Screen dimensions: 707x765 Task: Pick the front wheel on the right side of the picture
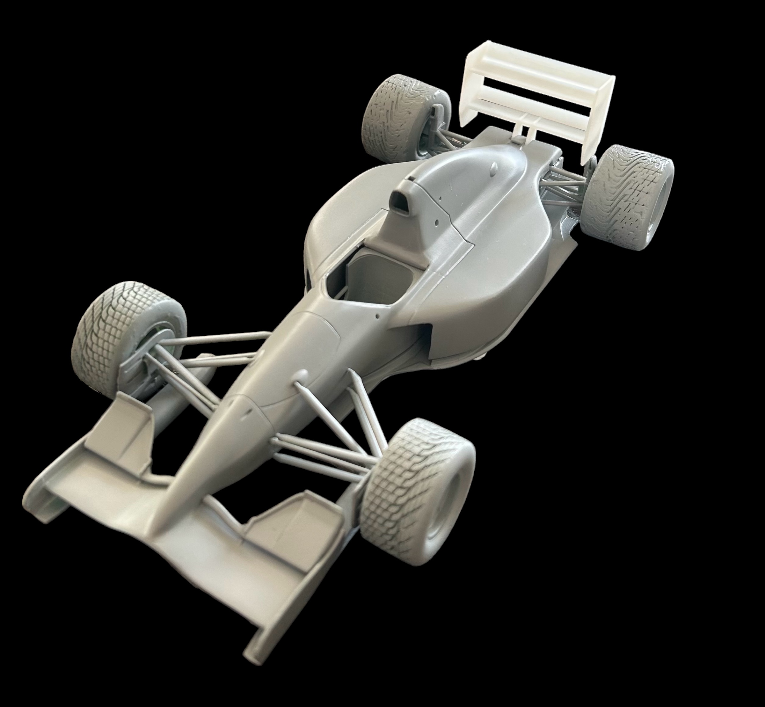point(417,486)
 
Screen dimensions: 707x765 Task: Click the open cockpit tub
point(375,275)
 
